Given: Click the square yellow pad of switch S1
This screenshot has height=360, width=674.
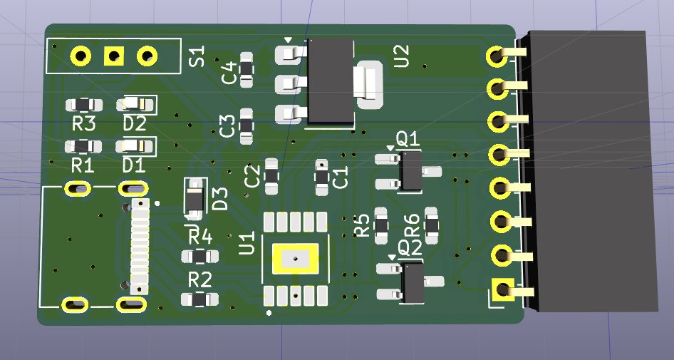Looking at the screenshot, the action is point(114,56).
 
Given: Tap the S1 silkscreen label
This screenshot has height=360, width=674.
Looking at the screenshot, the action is point(197,56).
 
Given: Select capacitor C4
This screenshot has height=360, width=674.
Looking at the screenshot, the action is point(247,70).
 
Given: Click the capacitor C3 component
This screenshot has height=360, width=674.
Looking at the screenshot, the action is point(247,126).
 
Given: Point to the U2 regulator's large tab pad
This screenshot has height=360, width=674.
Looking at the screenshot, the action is point(370,85).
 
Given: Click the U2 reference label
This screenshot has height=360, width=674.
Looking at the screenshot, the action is point(401,56).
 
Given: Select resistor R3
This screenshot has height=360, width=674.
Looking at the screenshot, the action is point(84,105).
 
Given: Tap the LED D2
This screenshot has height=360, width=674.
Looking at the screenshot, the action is point(135,104).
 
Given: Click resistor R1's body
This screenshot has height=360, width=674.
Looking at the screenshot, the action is point(83,147).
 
